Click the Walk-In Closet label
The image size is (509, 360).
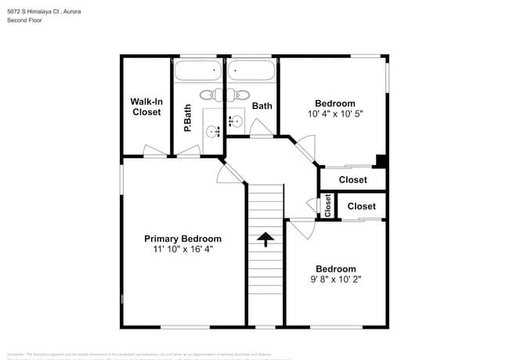(146, 106)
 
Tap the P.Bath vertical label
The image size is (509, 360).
(188, 117)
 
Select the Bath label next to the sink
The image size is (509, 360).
(262, 106)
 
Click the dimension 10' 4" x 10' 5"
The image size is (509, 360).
(334, 113)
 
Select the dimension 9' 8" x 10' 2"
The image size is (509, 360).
(335, 279)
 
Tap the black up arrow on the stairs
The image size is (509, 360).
(265, 239)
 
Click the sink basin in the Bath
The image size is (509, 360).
(235, 121)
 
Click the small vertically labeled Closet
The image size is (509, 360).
(328, 205)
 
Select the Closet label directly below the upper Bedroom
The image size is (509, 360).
(352, 180)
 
